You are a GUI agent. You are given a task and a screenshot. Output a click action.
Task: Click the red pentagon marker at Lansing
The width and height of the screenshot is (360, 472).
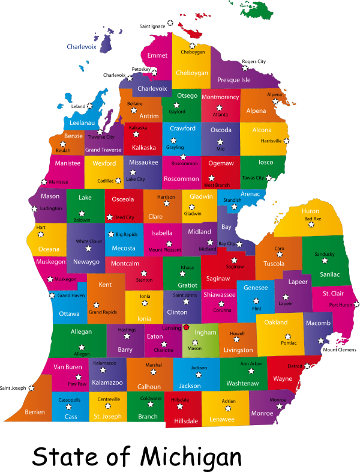(186, 327)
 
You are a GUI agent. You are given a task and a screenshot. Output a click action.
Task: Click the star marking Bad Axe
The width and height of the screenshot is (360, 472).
(311, 225)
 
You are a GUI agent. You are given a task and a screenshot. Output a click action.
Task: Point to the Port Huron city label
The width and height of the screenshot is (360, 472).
(341, 305)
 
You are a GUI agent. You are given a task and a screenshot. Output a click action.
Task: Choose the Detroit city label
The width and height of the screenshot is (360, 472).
(295, 366)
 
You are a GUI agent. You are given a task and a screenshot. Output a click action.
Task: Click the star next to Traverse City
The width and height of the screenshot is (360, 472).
(100, 132)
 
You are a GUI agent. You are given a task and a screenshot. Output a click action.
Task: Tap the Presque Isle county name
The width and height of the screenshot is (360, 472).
(234, 80)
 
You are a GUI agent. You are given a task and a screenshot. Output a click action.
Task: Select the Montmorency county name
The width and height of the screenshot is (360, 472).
(220, 97)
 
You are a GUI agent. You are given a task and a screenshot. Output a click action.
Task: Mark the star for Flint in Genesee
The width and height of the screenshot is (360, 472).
(256, 301)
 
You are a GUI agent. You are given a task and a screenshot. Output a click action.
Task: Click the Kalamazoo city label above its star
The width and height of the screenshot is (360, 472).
(105, 363)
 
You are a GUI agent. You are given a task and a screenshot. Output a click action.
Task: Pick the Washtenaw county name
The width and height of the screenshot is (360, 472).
(242, 383)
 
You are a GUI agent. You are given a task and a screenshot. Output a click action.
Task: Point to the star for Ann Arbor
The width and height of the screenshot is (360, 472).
(251, 371)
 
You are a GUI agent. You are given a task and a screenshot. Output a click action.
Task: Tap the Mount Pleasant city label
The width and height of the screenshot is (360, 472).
(164, 249)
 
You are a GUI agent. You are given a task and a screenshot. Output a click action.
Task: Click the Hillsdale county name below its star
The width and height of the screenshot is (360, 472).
(186, 421)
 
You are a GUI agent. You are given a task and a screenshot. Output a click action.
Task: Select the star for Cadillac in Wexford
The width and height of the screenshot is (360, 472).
(118, 180)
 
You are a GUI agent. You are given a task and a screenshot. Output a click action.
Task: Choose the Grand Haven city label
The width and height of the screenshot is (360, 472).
(71, 295)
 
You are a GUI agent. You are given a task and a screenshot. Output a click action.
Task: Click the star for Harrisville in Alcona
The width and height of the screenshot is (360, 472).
(286, 141)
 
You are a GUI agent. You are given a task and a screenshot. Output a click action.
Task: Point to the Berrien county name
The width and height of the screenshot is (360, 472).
(35, 412)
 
